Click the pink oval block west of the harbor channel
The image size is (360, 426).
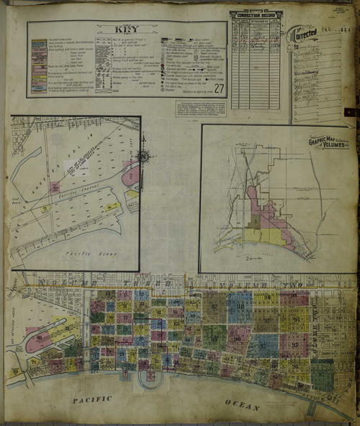(37, 342)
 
